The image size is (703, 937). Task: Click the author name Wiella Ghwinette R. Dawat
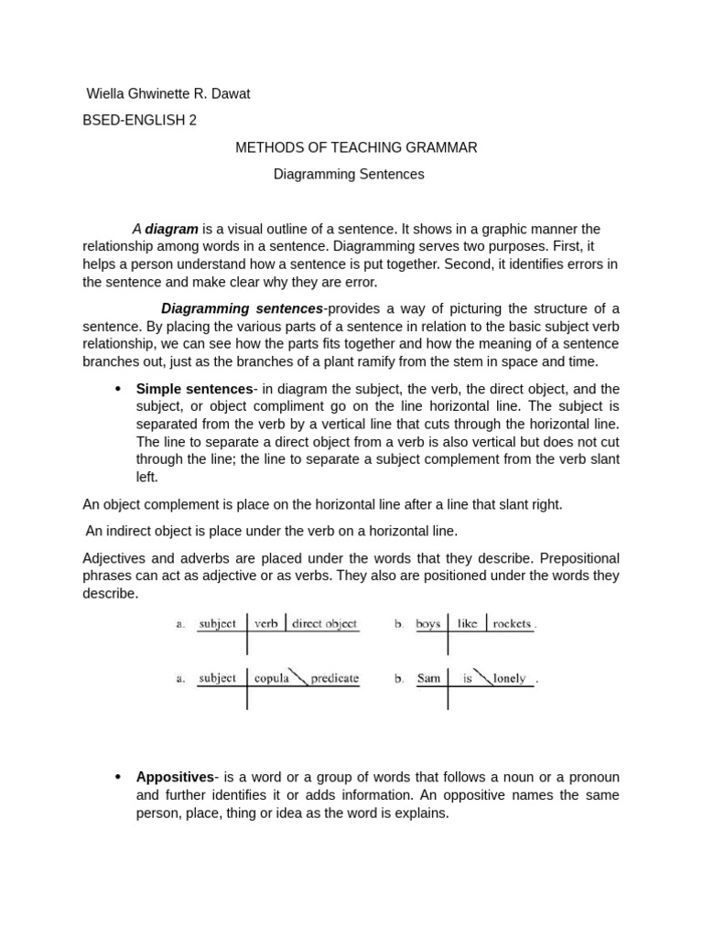[x=168, y=93]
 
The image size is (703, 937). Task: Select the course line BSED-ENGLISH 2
[x=139, y=120]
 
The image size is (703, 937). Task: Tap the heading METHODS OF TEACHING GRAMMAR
[x=356, y=147]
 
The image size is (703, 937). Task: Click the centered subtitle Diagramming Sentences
[x=349, y=174]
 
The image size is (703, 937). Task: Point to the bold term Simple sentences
[x=194, y=389]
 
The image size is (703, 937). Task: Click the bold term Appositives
[x=175, y=777]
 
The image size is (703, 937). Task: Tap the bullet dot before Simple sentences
[x=117, y=389]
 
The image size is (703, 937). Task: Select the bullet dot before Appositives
[x=117, y=777]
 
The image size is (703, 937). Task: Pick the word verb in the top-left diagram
[x=266, y=624]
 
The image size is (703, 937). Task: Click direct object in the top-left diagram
[x=324, y=624]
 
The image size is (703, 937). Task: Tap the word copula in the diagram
[x=271, y=679]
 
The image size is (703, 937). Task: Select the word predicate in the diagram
[x=334, y=679]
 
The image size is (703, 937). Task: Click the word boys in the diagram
[x=428, y=624]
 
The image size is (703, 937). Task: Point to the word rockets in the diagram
[x=512, y=624]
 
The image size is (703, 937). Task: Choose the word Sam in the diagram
[x=429, y=679]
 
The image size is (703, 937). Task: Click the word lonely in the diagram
[x=510, y=679]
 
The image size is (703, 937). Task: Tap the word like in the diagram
[x=467, y=624]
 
